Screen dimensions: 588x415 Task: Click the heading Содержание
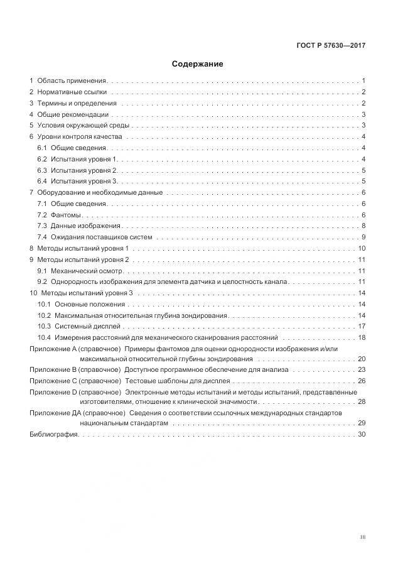pos(198,64)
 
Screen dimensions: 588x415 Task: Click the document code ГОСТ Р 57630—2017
pos(331,46)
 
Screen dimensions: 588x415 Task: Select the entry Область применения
pos(72,81)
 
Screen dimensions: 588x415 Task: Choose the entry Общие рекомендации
pos(73,115)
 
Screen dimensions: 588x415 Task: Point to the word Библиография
pos(53,435)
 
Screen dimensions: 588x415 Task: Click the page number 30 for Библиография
pos(362,435)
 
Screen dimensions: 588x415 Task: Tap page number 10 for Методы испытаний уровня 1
pos(362,249)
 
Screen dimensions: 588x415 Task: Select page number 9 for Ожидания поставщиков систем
pos(364,237)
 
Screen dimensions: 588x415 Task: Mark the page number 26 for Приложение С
pos(362,381)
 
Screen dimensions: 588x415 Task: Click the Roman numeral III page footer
pos(362,537)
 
